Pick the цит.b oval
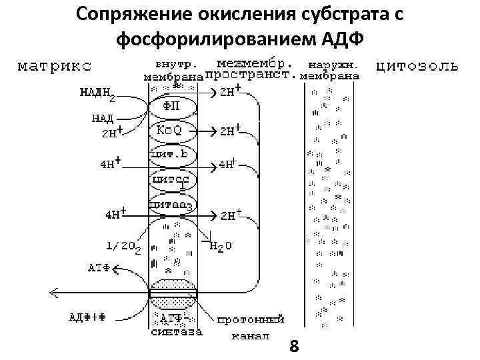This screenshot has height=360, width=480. tap(173, 155)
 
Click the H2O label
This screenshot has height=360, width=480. tap(221, 246)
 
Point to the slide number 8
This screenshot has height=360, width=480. tap(295, 346)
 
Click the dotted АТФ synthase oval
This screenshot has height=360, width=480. tap(173, 293)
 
